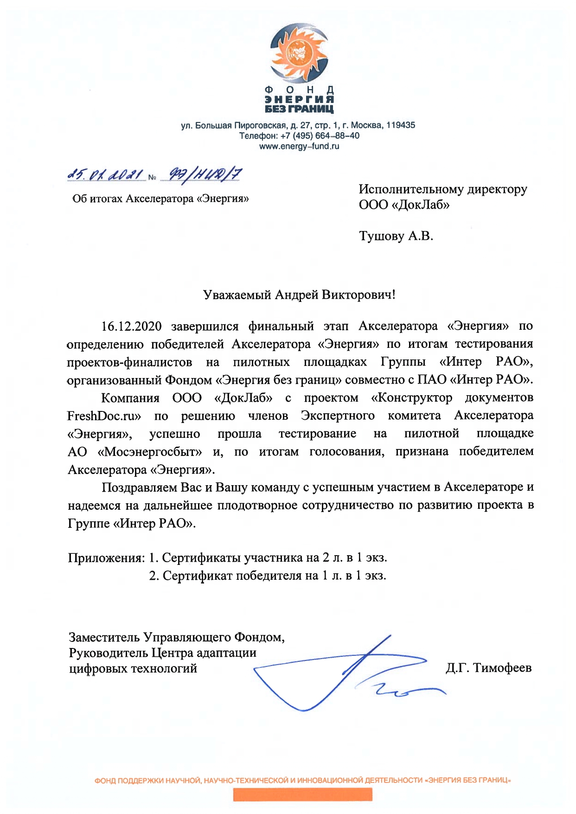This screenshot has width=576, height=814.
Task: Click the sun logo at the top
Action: (299, 53)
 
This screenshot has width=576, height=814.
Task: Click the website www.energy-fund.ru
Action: (299, 147)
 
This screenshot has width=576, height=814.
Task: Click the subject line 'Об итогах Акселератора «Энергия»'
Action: (160, 199)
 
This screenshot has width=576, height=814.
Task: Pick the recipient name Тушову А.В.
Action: (396, 236)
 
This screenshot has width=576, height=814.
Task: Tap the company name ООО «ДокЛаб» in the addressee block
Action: (404, 205)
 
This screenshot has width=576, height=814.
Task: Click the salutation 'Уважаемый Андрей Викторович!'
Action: (299, 295)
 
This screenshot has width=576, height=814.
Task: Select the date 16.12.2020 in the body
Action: (132, 326)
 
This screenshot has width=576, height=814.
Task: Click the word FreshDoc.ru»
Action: (104, 416)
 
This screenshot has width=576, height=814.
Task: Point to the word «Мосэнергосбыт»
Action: (150, 451)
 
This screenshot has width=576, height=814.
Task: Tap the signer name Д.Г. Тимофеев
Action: (488, 668)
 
